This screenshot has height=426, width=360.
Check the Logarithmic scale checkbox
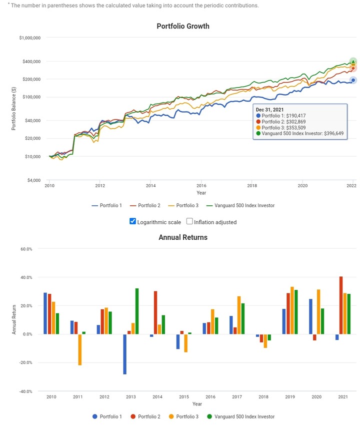click(132, 221)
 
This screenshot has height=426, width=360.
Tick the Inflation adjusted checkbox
click(190, 221)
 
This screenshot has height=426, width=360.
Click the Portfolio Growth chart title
click(183, 26)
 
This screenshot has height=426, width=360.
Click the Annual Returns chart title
click(183, 237)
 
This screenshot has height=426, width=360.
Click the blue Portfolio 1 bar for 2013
click(125, 354)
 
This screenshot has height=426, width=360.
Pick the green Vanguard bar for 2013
click(137, 311)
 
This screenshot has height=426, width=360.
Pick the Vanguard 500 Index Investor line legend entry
click(241, 205)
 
